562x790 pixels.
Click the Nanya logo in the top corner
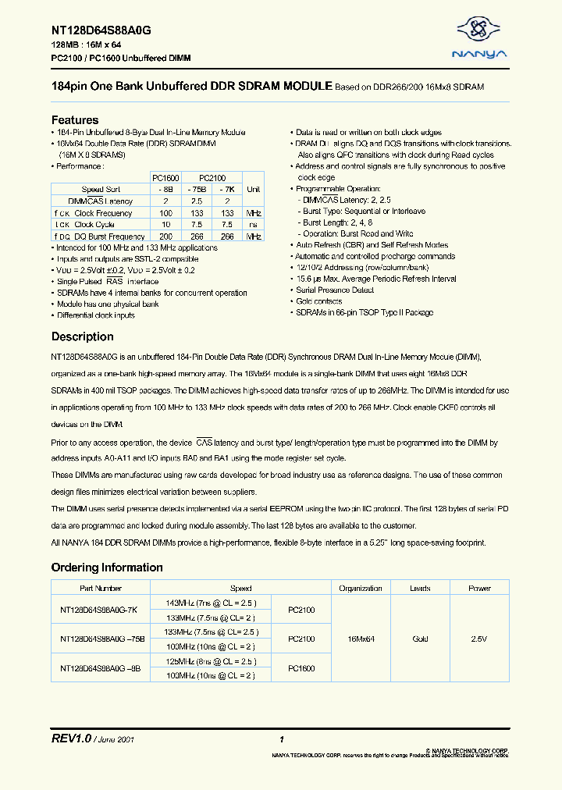coord(480,37)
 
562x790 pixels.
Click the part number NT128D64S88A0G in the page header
coord(101,30)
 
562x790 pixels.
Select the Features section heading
coord(75,120)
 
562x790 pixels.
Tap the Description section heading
coord(82,337)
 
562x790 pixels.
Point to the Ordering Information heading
coord(107,568)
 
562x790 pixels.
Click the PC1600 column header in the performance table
coord(165,177)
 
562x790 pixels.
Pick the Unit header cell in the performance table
coord(253,189)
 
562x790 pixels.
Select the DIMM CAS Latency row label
coord(101,201)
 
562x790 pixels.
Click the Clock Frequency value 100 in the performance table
coord(165,212)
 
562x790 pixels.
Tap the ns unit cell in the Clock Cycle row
coord(253,224)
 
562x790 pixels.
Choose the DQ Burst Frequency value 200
coord(165,236)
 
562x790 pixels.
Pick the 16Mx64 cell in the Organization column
coord(361,639)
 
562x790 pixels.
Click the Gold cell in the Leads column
coord(420,639)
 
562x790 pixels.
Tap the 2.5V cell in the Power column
coord(479,639)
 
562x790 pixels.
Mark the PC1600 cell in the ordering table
coord(301,668)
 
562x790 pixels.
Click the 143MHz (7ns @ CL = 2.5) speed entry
coord(211,602)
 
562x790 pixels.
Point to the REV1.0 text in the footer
coord(71,738)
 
